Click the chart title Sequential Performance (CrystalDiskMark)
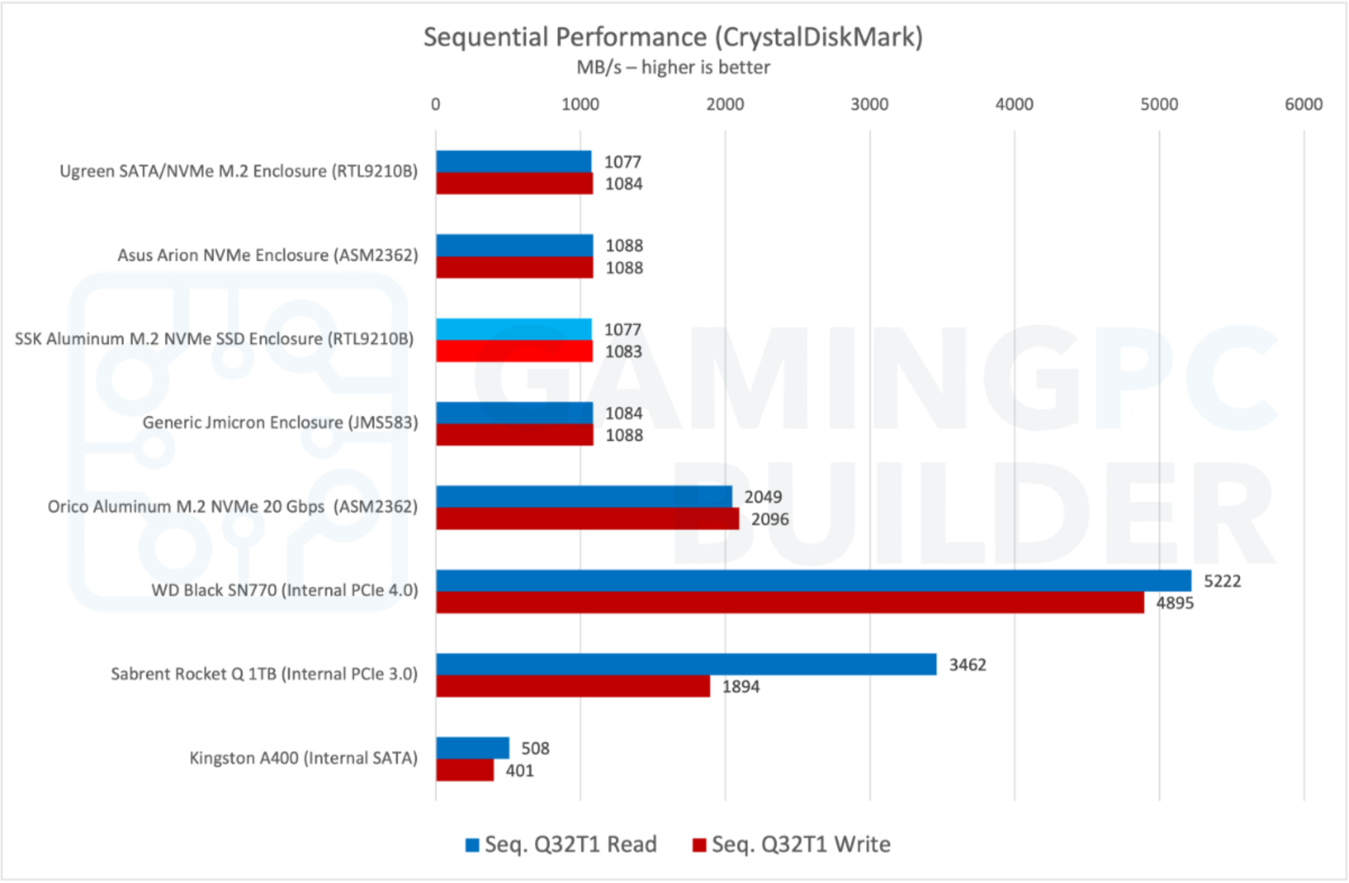[673, 37]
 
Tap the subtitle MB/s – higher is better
[673, 67]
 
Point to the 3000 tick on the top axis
[869, 104]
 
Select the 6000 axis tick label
[1303, 104]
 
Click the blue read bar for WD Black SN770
[813, 581]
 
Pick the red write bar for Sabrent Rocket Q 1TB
[572, 686]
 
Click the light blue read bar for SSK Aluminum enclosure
[513, 329]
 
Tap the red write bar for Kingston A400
[464, 770]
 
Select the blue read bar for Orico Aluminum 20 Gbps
[584, 497]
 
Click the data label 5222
[1222, 581]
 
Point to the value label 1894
[740, 687]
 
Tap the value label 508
[535, 748]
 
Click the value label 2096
[769, 519]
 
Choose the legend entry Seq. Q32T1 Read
[561, 844]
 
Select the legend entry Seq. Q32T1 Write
[792, 844]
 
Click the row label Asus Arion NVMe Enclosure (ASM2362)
[267, 255]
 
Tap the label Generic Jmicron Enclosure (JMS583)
[280, 422]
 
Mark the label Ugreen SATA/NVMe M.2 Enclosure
[238, 171]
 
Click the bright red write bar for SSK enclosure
[513, 351]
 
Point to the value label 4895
[1174, 603]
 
